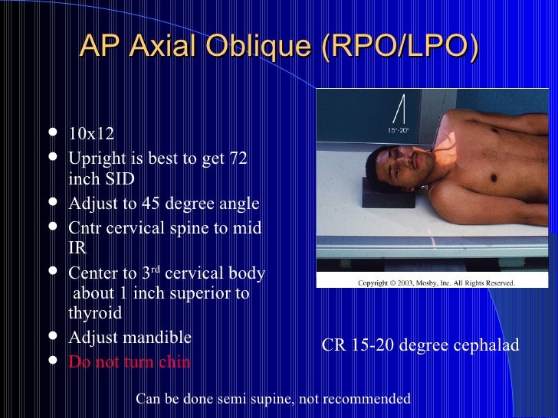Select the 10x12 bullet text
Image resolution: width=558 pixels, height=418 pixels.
point(91,135)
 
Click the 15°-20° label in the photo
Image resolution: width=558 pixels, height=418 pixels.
point(399,131)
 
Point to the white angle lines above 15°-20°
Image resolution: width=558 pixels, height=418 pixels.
point(399,112)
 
